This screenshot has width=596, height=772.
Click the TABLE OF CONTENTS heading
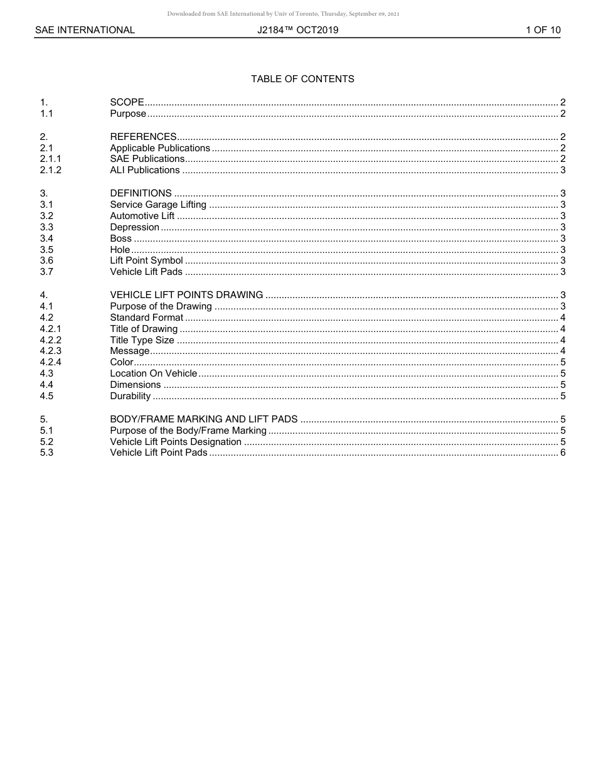(302, 79)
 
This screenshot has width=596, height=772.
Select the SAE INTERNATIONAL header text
(85, 30)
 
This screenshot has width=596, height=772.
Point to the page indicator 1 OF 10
(543, 30)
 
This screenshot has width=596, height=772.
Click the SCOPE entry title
(127, 102)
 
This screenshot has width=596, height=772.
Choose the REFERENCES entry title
(143, 137)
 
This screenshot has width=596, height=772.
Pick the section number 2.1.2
(51, 170)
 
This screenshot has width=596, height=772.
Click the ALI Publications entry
(145, 170)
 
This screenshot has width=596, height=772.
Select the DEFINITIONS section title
(141, 193)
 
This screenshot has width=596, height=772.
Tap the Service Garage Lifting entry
(158, 205)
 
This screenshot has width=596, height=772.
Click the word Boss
(121, 239)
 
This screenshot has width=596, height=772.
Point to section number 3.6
(46, 260)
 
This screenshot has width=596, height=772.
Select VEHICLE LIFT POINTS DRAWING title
(186, 295)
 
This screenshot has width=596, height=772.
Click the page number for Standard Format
(563, 318)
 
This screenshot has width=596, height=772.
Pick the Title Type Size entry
(142, 340)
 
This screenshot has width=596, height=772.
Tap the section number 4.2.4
(51, 362)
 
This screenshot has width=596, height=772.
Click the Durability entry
(130, 396)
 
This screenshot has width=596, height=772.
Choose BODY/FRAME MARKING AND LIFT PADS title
(204, 419)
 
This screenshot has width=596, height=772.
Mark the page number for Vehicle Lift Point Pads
(563, 453)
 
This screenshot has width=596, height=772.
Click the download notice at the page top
(283, 14)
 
